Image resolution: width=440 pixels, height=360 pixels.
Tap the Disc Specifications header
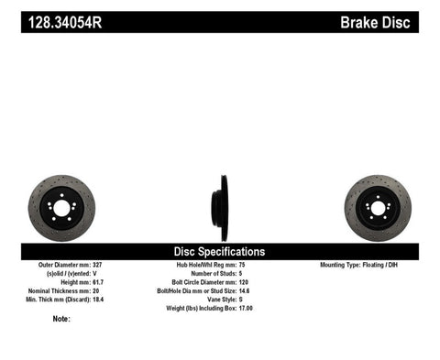(220, 250)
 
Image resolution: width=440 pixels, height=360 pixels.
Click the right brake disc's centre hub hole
(377, 209)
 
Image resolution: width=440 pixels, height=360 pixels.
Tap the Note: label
(61, 319)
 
